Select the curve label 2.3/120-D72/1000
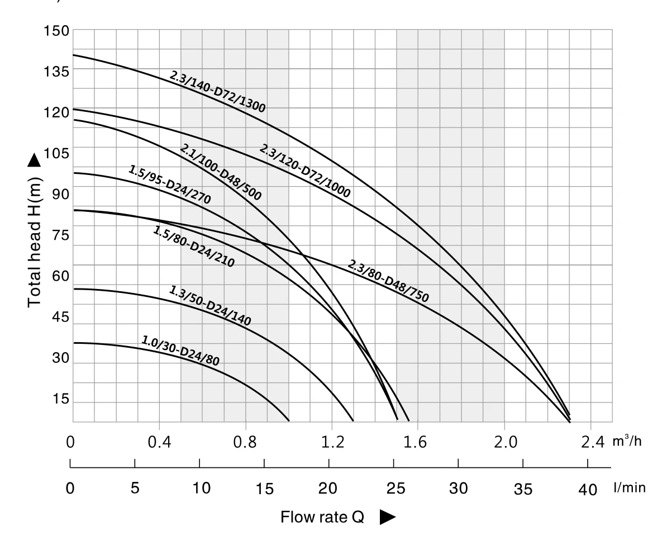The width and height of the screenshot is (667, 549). [x=304, y=171]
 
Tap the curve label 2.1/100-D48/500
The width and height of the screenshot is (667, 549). [x=221, y=172]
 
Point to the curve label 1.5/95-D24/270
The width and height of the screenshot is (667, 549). [x=169, y=184]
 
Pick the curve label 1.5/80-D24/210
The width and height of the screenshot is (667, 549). [x=193, y=247]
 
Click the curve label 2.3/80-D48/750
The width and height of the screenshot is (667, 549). [x=388, y=281]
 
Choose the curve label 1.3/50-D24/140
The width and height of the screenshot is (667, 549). [x=210, y=306]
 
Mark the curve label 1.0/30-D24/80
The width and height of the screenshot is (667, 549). [x=180, y=351]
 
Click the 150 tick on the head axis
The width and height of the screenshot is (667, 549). [x=56, y=31]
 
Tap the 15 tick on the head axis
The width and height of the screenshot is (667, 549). [x=60, y=399]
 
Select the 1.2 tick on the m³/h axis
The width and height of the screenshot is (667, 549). [x=333, y=443]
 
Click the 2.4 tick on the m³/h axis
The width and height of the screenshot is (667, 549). [x=592, y=443]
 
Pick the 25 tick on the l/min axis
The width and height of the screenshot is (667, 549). [x=395, y=488]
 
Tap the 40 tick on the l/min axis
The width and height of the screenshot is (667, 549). [x=588, y=490]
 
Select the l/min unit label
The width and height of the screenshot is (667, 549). [x=630, y=488]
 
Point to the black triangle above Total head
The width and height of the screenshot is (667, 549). [x=34, y=160]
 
